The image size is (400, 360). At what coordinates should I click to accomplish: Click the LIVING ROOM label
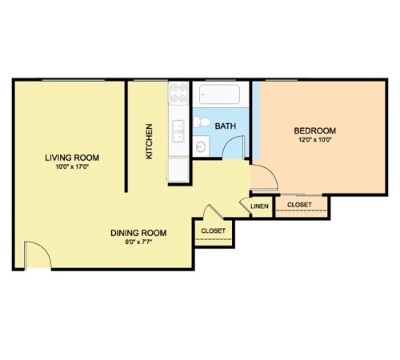[72, 158]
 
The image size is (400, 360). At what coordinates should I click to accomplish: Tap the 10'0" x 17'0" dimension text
[72, 167]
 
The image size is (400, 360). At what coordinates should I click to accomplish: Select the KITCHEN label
[149, 141]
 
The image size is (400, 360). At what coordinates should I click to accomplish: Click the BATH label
[226, 126]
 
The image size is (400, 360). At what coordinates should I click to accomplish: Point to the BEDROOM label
[315, 130]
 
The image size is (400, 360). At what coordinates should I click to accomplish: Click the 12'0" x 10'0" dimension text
[315, 140]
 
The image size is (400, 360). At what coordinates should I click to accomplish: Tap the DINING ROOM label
[138, 233]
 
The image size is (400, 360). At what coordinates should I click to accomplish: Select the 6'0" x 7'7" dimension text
[138, 242]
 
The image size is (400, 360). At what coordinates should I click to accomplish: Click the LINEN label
[259, 206]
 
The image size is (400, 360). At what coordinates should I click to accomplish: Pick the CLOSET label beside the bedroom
[299, 205]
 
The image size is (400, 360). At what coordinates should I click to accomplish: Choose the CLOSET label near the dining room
[213, 230]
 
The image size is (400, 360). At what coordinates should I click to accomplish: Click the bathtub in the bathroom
[219, 94]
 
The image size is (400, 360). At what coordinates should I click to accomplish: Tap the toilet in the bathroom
[202, 122]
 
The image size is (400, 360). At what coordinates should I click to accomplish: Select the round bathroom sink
[201, 146]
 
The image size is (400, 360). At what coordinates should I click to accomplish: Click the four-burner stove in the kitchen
[178, 93]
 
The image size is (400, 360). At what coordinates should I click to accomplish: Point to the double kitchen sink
[178, 131]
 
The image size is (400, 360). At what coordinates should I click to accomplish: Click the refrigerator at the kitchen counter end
[178, 170]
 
